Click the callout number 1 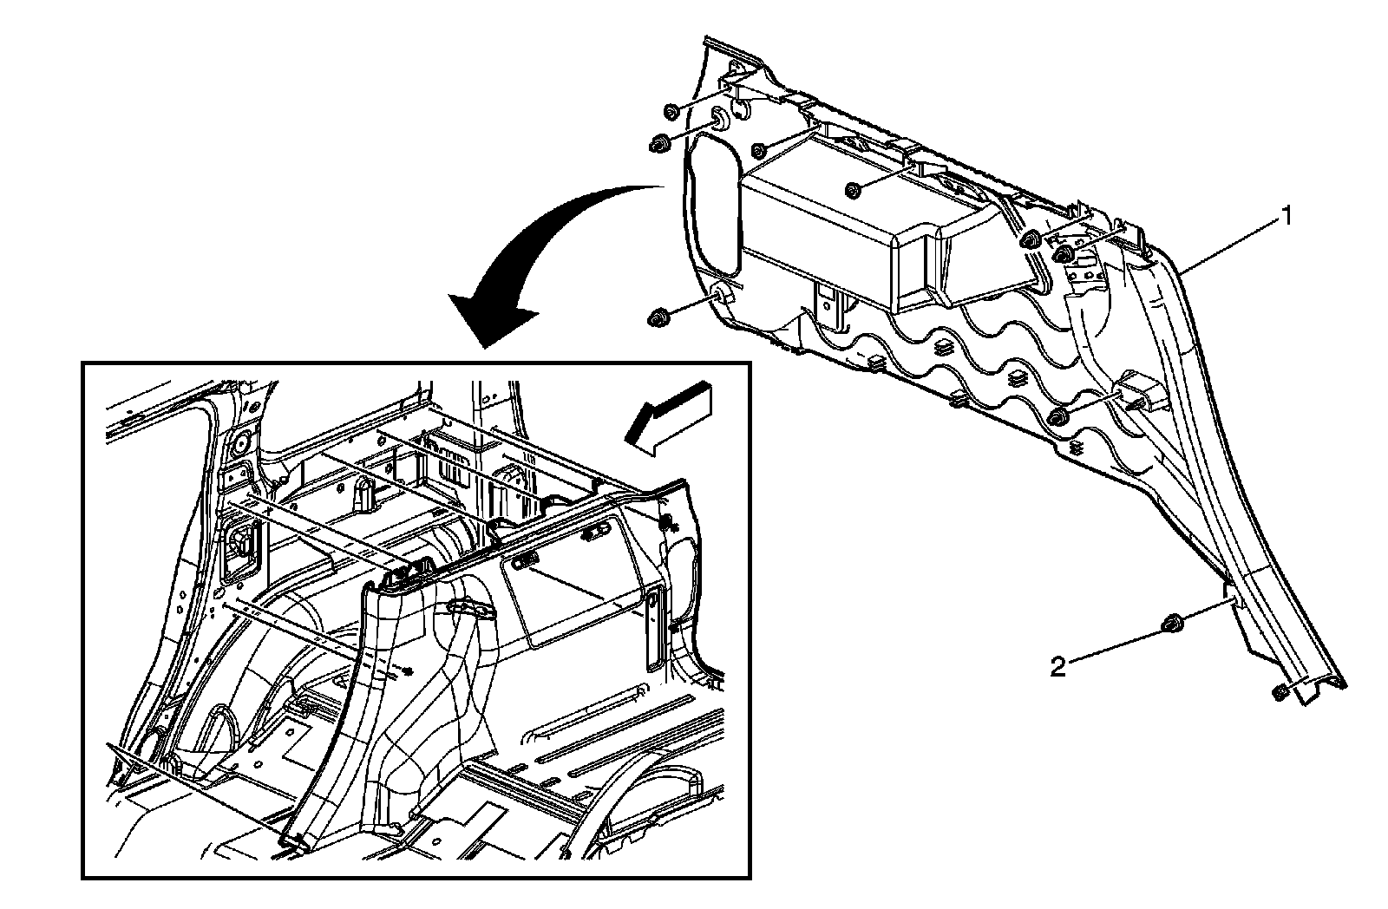(1288, 215)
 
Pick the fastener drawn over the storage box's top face (854, 190)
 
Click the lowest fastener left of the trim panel (657, 318)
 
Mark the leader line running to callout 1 (1232, 243)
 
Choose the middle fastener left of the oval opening (658, 144)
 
